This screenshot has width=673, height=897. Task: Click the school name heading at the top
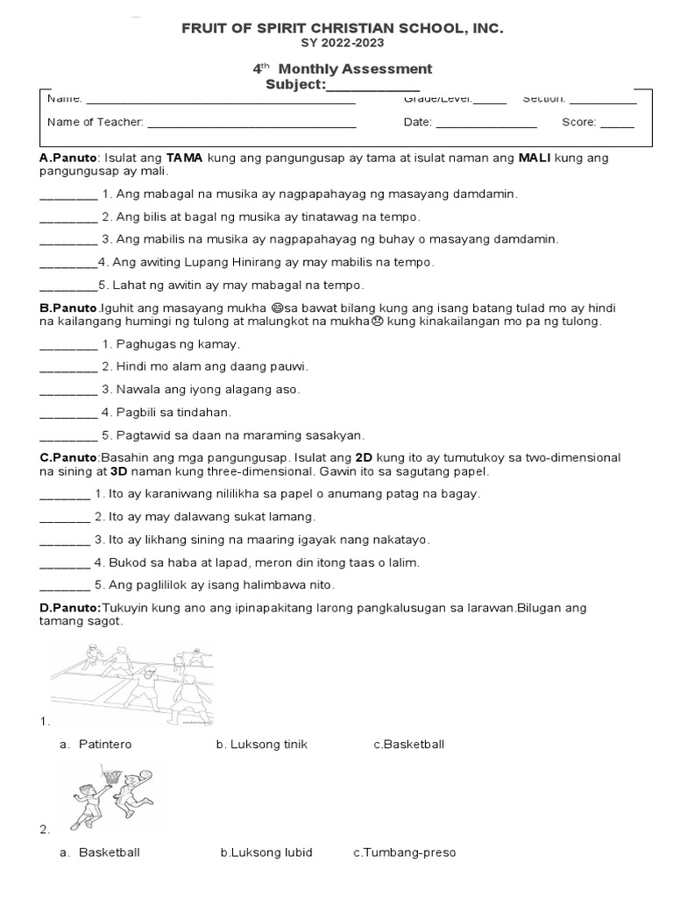point(343,29)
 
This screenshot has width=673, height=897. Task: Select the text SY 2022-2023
point(343,43)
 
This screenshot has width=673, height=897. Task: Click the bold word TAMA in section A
point(185,158)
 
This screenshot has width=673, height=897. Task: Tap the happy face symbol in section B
point(278,308)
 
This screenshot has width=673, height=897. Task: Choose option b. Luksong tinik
point(261,745)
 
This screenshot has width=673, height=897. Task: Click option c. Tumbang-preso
point(405,852)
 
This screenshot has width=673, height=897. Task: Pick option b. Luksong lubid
point(266,852)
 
